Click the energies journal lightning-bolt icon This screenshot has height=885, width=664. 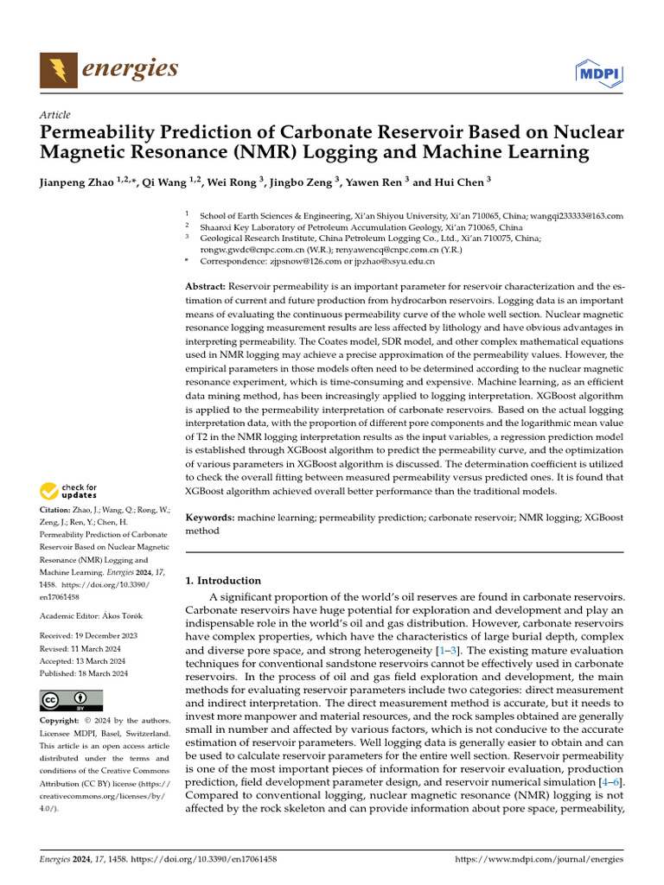pos(59,69)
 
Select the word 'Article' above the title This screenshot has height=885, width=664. pos(55,115)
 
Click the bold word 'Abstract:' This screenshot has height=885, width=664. pos(206,286)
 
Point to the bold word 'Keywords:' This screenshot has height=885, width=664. pos(210,518)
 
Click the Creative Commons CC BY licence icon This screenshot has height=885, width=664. pos(71,700)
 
